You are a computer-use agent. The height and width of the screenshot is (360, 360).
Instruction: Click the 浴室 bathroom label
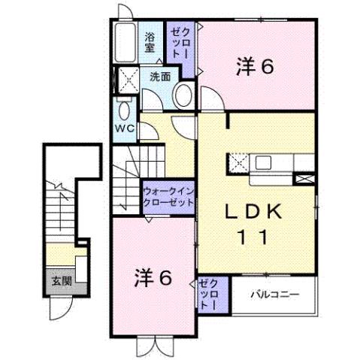(150, 41)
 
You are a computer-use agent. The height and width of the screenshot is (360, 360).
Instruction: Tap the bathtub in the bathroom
(125, 44)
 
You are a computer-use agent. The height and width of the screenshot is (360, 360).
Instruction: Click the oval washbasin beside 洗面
(182, 94)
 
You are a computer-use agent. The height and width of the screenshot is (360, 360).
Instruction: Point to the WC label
(123, 128)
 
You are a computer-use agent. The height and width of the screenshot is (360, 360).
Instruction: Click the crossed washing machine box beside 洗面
(124, 79)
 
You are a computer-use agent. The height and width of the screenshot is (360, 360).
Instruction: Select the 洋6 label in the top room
(254, 66)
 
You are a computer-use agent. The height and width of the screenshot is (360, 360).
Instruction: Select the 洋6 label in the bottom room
(155, 277)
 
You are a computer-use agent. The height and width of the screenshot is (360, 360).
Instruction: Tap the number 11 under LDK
(253, 238)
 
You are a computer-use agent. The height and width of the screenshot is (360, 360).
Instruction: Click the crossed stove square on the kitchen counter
(239, 162)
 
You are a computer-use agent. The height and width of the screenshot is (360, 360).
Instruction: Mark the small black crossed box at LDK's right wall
(306, 178)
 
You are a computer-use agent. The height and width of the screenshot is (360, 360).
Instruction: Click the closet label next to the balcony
(209, 295)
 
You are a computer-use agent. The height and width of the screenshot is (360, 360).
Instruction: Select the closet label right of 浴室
(180, 43)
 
